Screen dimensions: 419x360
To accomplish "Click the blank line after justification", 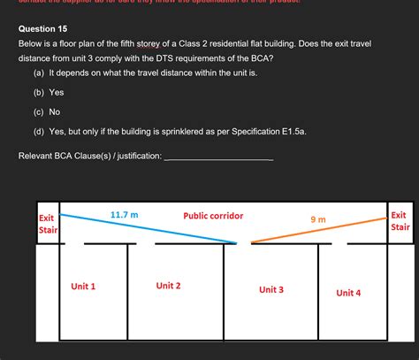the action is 218,157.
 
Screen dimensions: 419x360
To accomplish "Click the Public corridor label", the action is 213,216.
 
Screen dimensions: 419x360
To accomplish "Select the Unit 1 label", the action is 83,287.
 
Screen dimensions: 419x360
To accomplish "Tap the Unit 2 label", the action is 168,285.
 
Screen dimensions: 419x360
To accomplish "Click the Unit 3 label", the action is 270,289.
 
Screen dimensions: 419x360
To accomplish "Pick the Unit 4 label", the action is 348,293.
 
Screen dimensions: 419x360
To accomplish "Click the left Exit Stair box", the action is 47,225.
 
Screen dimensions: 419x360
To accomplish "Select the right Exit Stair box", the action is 399,220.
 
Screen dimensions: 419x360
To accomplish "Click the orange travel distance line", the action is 318,228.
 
